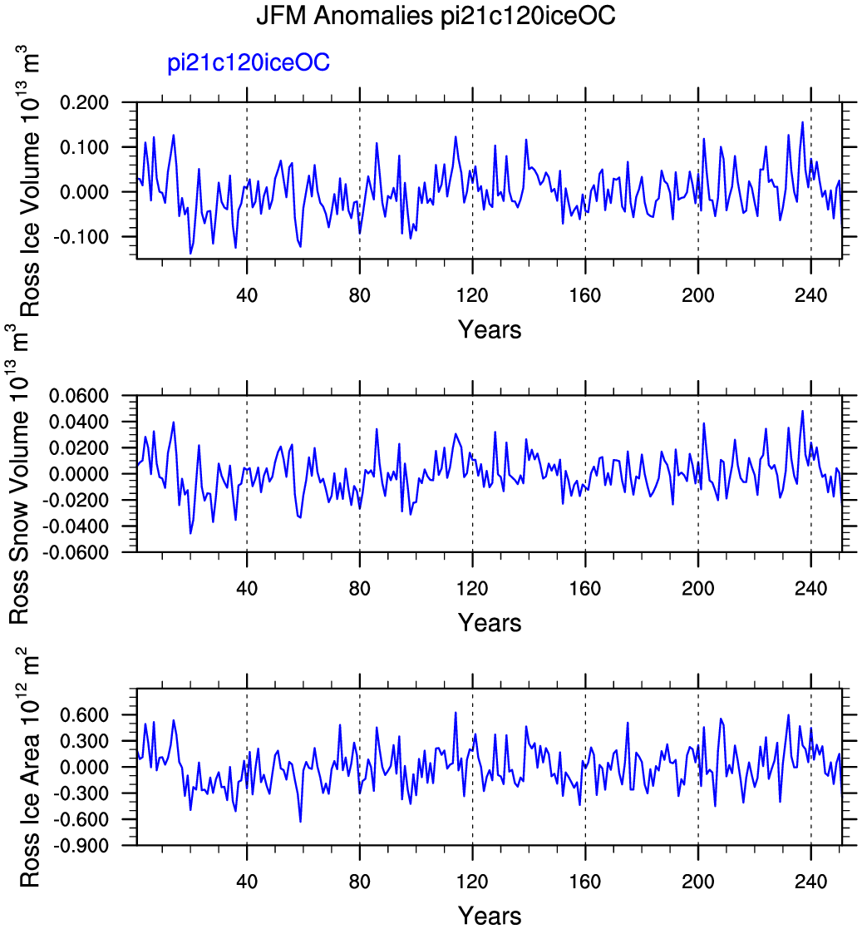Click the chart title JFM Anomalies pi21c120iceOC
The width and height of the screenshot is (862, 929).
tap(436, 17)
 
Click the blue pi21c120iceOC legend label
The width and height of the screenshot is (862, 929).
tap(249, 63)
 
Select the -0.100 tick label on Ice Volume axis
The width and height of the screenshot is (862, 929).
tap(96, 237)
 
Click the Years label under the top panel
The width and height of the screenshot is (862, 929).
tap(490, 330)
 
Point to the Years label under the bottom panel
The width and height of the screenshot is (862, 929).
tap(490, 916)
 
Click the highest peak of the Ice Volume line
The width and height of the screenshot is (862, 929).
tap(803, 122)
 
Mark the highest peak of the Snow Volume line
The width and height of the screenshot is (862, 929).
tap(803, 411)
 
